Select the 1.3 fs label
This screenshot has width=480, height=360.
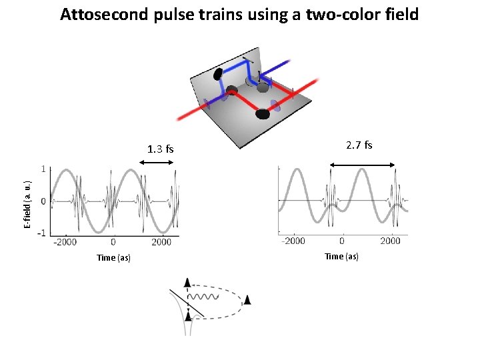point(160,149)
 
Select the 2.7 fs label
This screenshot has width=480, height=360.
point(359,145)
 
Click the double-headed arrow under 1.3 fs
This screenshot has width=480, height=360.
point(160,162)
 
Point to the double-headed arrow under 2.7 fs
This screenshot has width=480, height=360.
point(363,165)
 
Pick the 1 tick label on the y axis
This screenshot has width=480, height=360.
point(43,169)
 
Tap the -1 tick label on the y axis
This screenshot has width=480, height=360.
point(41,233)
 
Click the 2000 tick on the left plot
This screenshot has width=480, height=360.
point(161,242)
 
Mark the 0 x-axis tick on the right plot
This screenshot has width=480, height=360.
point(342,241)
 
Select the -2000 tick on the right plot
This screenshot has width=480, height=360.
point(293,241)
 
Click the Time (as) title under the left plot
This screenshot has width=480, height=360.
point(113,257)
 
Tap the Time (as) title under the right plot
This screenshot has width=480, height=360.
point(341,256)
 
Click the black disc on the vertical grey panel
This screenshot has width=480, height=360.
point(218,74)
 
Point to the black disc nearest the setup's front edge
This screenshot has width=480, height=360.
point(263,114)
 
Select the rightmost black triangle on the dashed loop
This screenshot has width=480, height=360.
point(247,301)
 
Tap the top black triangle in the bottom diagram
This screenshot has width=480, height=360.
point(188,283)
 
